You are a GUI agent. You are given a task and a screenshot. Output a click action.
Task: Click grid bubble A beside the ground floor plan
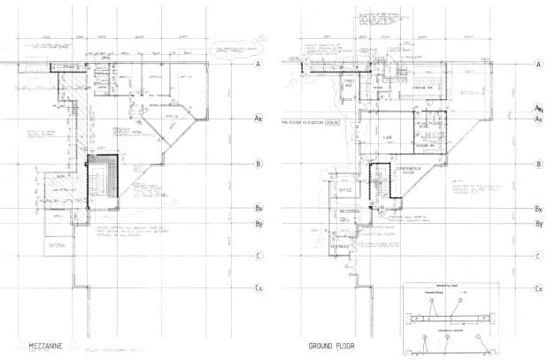(537, 65)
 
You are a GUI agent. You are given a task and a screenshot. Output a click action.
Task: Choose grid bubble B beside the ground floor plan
(537, 165)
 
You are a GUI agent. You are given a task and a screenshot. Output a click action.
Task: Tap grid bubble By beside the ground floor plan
(537, 225)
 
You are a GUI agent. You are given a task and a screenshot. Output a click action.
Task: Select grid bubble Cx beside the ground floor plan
(537, 288)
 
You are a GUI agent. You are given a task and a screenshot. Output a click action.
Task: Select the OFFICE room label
(347, 190)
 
